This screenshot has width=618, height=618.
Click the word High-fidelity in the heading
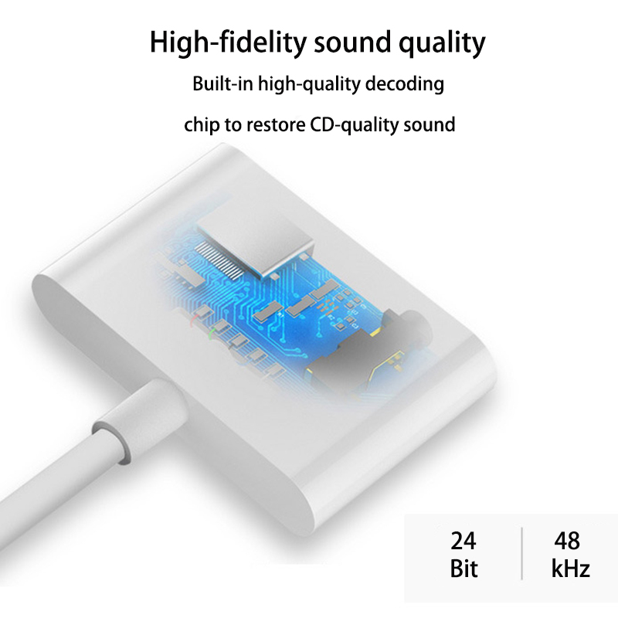(x=228, y=42)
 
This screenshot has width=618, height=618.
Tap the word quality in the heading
(x=442, y=43)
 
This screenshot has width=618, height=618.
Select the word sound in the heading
(x=353, y=42)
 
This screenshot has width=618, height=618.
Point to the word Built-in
(x=222, y=83)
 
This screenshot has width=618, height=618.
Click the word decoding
(x=405, y=84)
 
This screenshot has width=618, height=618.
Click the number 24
(x=463, y=542)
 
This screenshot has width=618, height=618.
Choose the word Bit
(x=463, y=569)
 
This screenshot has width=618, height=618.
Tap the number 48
(x=567, y=542)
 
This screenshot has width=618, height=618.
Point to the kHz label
(x=570, y=569)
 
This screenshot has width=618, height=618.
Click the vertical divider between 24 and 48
(x=522, y=553)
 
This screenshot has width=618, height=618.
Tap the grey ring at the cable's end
(x=114, y=441)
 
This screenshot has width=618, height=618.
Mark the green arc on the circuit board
(x=211, y=334)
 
